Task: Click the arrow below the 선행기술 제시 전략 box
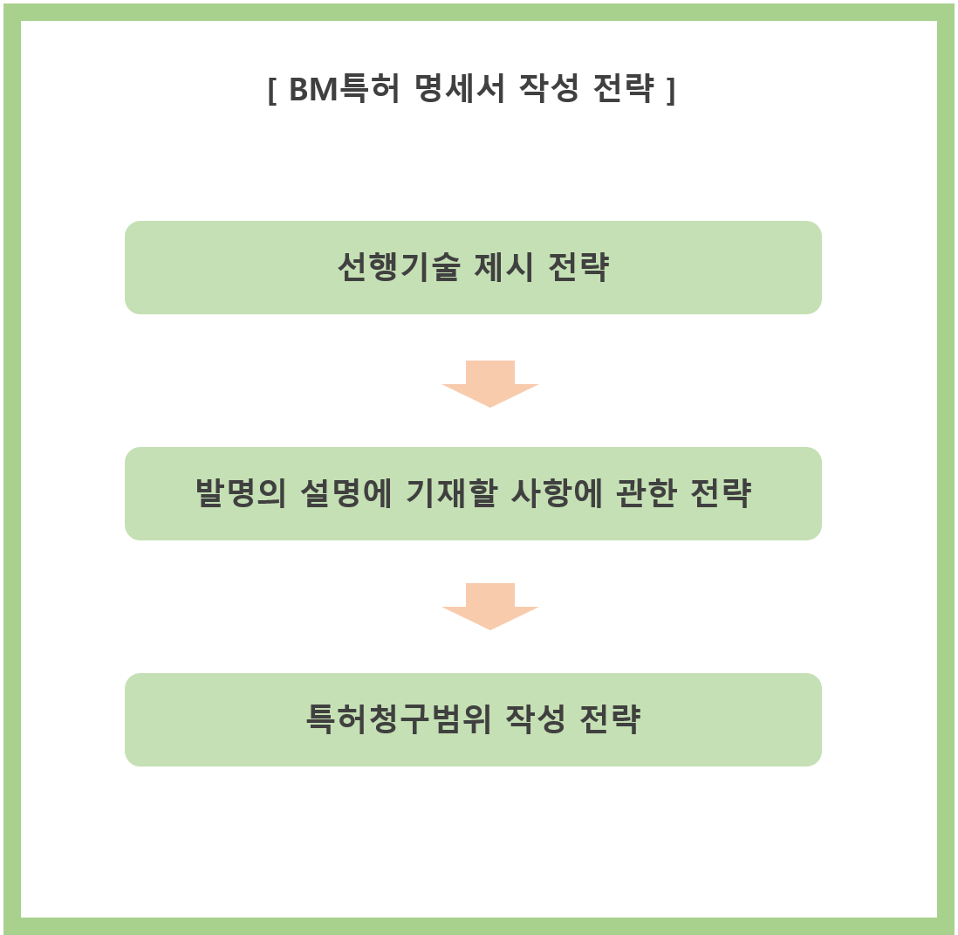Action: pyautogui.click(x=489, y=382)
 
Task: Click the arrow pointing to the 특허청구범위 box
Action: pyautogui.click(x=489, y=605)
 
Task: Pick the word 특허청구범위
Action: pyautogui.click(x=399, y=720)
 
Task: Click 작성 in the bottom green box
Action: pyautogui.click(x=535, y=720)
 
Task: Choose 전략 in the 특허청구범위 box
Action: pyautogui.click(x=611, y=720)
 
